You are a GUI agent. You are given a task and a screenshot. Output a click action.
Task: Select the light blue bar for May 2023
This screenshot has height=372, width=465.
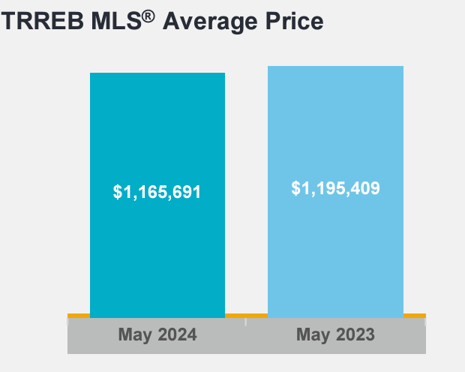(335, 127)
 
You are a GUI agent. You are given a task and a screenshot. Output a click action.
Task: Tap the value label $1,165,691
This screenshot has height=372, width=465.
(157, 192)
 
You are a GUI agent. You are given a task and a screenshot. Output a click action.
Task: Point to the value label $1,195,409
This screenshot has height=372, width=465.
(335, 188)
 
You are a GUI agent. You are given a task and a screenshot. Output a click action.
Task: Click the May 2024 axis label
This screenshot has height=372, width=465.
(157, 334)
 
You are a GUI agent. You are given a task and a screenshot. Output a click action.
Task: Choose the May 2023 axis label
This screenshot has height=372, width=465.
(335, 334)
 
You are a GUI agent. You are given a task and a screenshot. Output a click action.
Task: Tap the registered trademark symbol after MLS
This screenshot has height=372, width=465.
(149, 14)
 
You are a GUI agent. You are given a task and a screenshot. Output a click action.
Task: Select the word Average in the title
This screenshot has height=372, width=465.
(205, 22)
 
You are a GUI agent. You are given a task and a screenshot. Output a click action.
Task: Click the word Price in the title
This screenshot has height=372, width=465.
(289, 22)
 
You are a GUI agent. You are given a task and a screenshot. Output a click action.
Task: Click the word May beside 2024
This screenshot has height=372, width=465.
(135, 334)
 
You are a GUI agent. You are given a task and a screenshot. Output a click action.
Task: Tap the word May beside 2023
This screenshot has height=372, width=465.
(313, 334)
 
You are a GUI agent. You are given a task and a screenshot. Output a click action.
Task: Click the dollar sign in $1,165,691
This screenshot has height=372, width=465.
(118, 192)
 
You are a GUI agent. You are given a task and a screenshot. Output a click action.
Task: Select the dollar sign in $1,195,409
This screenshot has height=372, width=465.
(295, 188)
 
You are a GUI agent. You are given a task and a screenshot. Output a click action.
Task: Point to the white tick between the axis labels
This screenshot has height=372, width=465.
(246, 322)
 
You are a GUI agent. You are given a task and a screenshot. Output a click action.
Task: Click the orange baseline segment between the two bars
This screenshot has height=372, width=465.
(246, 315)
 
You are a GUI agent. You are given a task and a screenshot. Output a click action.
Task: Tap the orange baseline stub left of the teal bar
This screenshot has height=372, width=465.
(78, 315)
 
